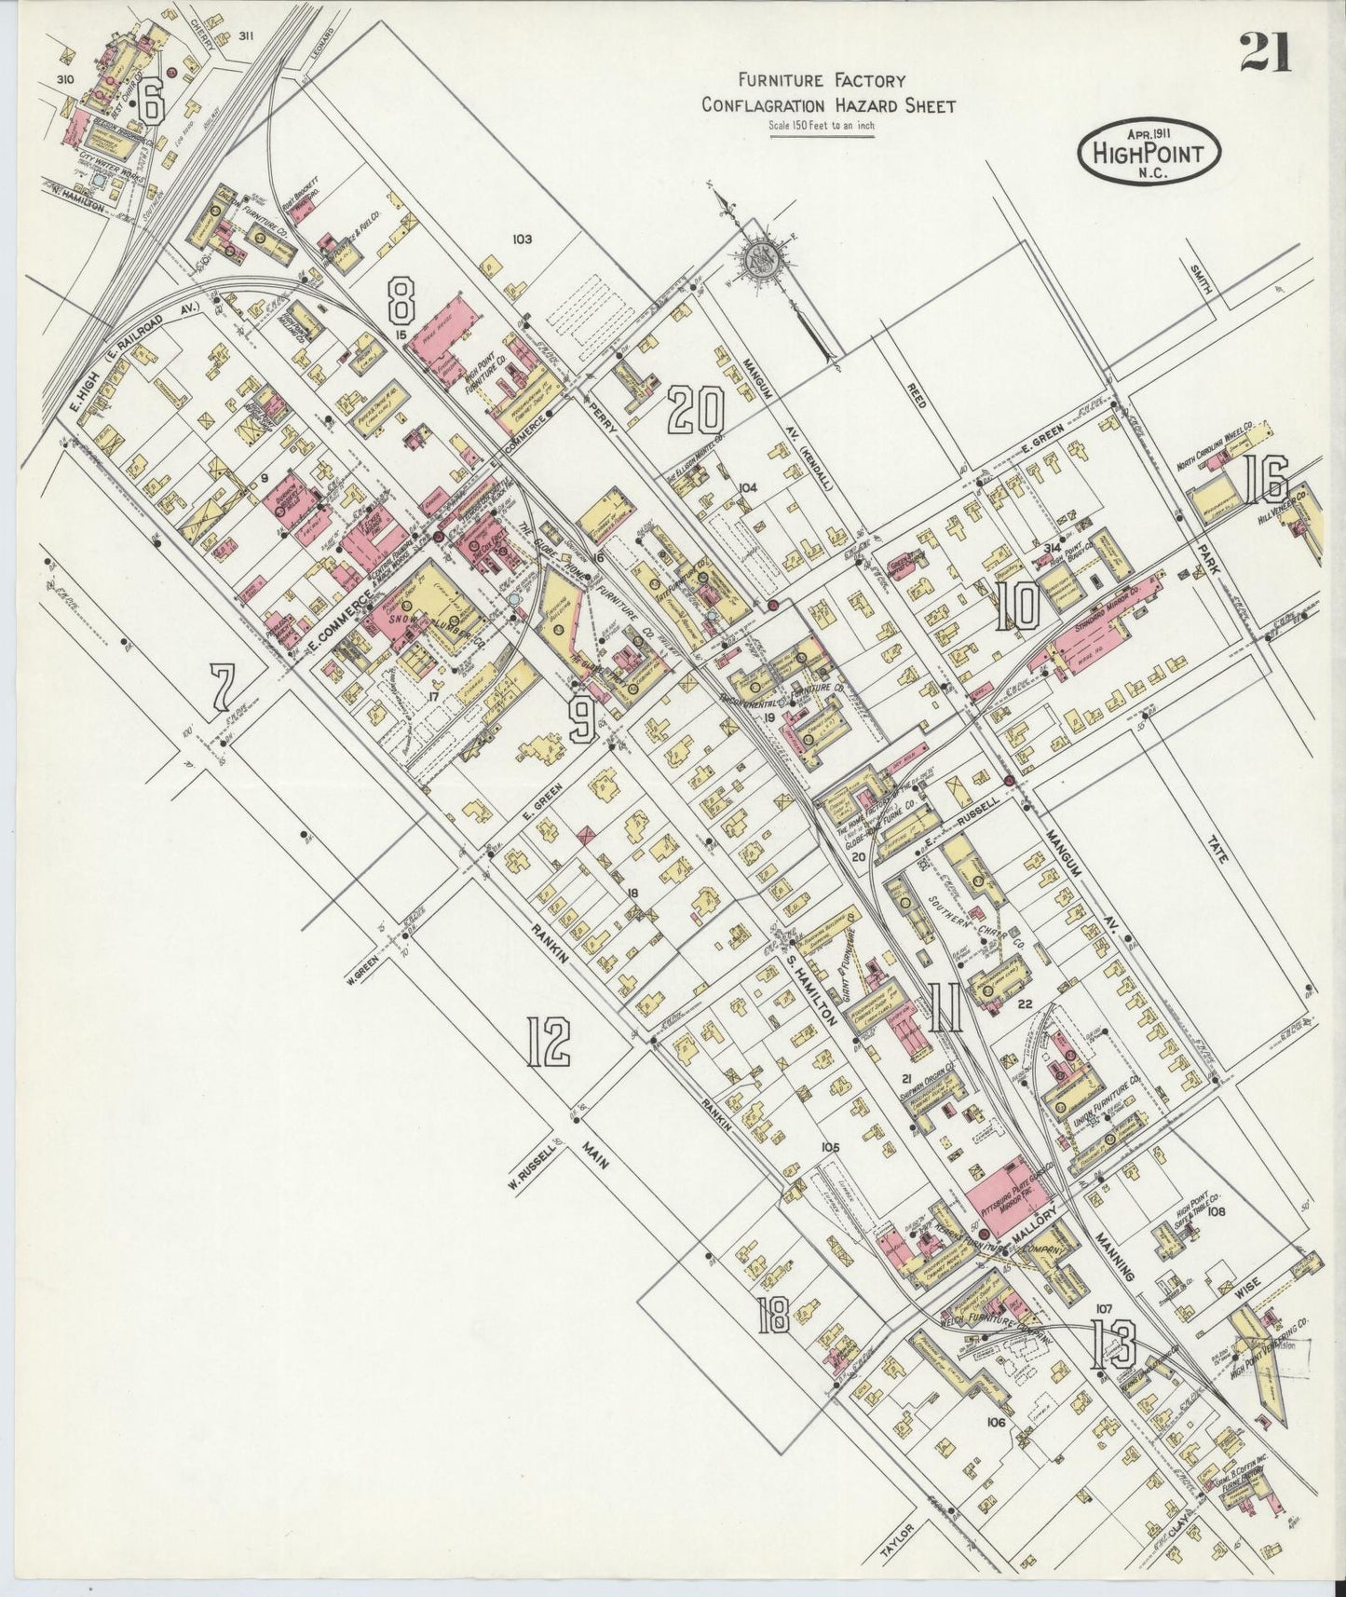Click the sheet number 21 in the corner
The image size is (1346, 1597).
point(1264,52)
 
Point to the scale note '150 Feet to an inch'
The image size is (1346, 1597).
point(822,126)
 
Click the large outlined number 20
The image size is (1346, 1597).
point(697,411)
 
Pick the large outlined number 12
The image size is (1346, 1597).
point(548,1041)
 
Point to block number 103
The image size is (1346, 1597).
point(521,239)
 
